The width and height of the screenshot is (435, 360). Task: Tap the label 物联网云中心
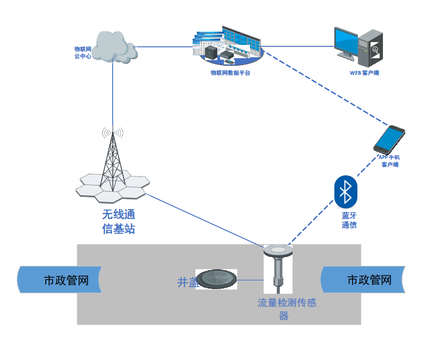(x=82, y=52)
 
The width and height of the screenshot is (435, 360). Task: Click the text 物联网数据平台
(x=230, y=73)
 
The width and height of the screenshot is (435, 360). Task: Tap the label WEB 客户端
(x=364, y=73)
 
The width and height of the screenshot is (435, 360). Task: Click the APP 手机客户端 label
(x=389, y=161)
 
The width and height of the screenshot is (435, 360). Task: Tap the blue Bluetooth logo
(x=346, y=192)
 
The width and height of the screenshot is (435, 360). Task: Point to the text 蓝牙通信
(x=349, y=220)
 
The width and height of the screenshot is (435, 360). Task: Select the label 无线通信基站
(x=119, y=221)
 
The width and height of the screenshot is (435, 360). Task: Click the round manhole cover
(x=216, y=279)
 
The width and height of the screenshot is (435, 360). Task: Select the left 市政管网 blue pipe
(x=59, y=280)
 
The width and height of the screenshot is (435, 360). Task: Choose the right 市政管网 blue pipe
(x=364, y=280)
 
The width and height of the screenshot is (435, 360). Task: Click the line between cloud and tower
(x=113, y=95)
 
